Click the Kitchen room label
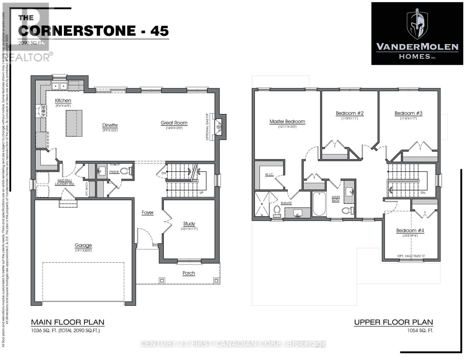(63, 100)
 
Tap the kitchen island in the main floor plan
(74, 123)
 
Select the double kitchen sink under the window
(59, 86)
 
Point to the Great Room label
(174, 123)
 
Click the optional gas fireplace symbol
(219, 127)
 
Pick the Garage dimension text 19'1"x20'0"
(83, 250)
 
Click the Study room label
(189, 223)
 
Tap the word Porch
(189, 273)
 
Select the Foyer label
(148, 212)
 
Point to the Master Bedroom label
(287, 121)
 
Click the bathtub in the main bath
(319, 204)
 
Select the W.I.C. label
(269, 174)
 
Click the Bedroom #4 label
(410, 230)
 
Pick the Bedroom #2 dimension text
(350, 118)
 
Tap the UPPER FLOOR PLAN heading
(393, 322)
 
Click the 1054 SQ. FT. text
(420, 331)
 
